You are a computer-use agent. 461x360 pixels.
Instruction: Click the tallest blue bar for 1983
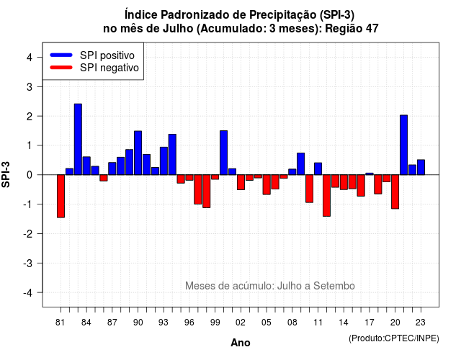(78, 139)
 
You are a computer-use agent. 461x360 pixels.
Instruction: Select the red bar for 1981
(61, 196)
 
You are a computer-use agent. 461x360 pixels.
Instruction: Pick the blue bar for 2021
(403, 145)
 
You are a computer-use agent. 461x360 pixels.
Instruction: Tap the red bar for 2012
(326, 195)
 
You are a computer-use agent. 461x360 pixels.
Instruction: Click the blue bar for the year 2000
(224, 153)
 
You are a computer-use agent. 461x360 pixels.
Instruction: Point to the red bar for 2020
(395, 192)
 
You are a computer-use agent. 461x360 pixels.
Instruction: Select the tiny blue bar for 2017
(370, 174)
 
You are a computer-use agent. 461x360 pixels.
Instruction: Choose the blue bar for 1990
(138, 153)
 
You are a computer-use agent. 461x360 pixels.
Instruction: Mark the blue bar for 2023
(421, 167)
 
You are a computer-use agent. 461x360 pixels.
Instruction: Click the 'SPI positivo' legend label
(107, 55)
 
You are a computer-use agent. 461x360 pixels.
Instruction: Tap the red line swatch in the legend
(61, 67)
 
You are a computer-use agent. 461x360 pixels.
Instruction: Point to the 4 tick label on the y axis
(30, 58)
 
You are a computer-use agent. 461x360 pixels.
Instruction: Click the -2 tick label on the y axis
(27, 233)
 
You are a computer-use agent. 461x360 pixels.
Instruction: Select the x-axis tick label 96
(189, 323)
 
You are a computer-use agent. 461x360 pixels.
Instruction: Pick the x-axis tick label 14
(344, 323)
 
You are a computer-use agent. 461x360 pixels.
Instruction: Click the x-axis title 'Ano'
(241, 343)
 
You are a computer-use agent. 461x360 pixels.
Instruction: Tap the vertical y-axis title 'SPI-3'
(6, 174)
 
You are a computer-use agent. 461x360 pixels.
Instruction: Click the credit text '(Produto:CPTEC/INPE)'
(394, 338)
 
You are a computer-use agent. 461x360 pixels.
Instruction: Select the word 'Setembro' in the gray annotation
(334, 286)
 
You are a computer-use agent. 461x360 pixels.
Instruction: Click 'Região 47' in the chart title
(352, 29)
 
